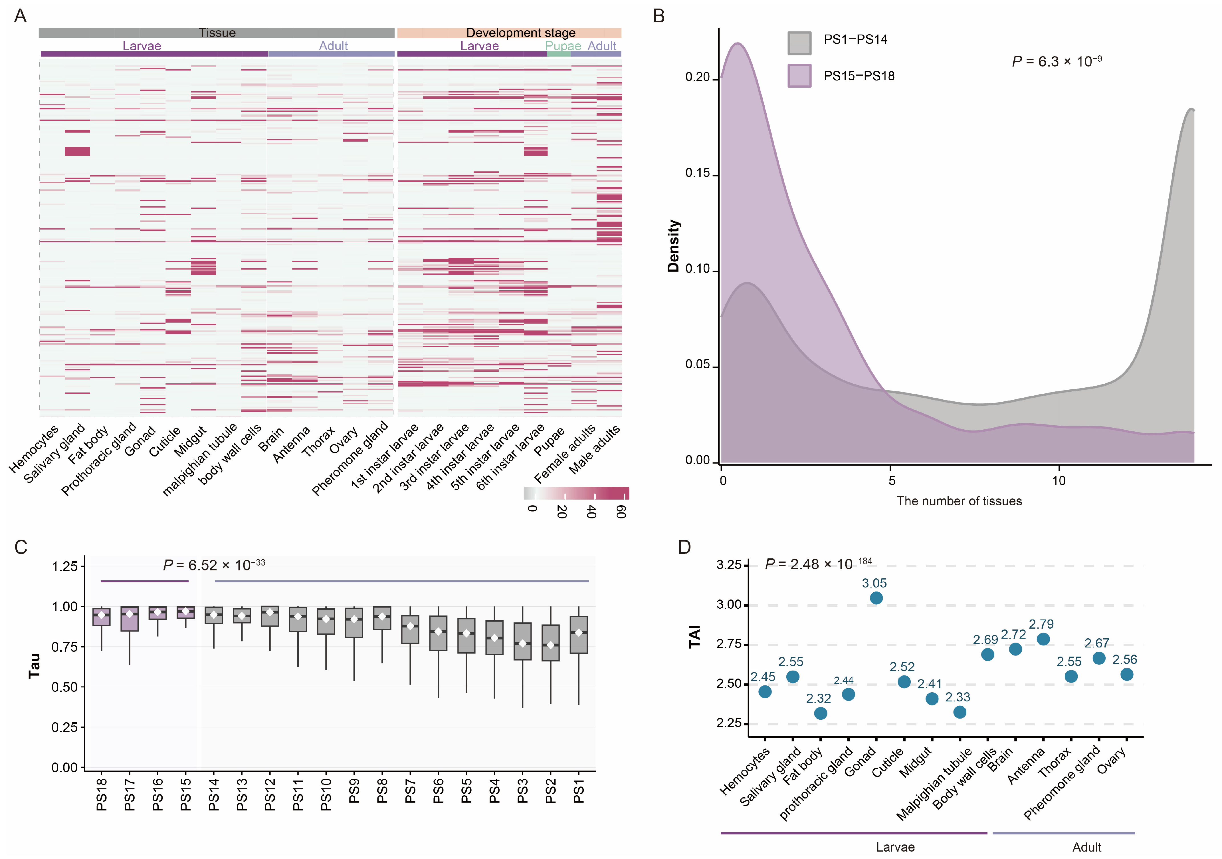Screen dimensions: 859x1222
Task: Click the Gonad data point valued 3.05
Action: [x=876, y=598]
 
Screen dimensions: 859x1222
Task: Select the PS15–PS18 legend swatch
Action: [x=799, y=76]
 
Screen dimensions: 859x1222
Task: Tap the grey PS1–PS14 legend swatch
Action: [x=799, y=43]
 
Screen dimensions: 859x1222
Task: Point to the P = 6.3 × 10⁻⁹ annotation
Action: [x=1057, y=61]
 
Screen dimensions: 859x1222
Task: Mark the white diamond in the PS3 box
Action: [x=523, y=643]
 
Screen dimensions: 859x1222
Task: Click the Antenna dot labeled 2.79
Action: [x=1043, y=639]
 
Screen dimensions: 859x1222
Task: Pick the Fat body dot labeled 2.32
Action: [x=821, y=713]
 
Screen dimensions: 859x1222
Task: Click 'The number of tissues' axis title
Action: [x=959, y=501]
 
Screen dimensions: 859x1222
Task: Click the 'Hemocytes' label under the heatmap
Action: [x=34, y=450]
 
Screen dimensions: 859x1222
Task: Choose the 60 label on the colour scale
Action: [x=621, y=512]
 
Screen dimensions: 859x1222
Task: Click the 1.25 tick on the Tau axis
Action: [x=65, y=566]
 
